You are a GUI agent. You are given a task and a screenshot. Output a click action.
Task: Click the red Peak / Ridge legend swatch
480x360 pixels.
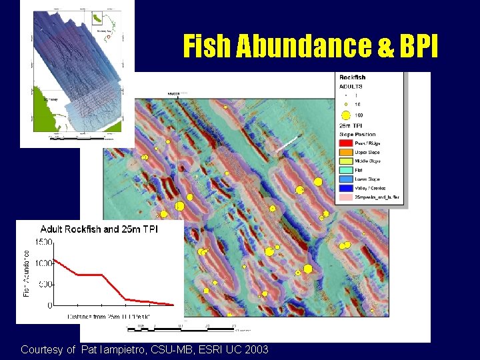(346, 143)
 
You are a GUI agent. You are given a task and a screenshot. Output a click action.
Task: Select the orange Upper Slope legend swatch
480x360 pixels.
(346, 152)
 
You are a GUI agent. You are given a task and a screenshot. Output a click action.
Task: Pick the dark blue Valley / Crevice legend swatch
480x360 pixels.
(346, 188)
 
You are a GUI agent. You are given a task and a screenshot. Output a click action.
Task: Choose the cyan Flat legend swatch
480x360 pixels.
(346, 170)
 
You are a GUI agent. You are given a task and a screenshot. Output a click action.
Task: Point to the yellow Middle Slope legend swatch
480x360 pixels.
(346, 161)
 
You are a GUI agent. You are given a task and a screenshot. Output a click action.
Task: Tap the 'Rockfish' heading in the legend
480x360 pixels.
(353, 77)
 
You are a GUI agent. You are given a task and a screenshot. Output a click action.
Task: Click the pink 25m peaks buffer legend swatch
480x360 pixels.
(346, 197)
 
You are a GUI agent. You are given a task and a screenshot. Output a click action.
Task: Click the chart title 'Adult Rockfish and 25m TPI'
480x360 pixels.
(99, 229)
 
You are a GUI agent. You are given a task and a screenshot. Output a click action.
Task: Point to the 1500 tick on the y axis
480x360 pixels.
(44, 242)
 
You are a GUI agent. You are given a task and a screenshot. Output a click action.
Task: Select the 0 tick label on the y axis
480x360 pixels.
(49, 305)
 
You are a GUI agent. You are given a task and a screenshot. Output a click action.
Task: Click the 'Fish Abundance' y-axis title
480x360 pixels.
(27, 274)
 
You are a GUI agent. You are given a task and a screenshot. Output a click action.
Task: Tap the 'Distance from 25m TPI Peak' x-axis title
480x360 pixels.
(109, 316)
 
